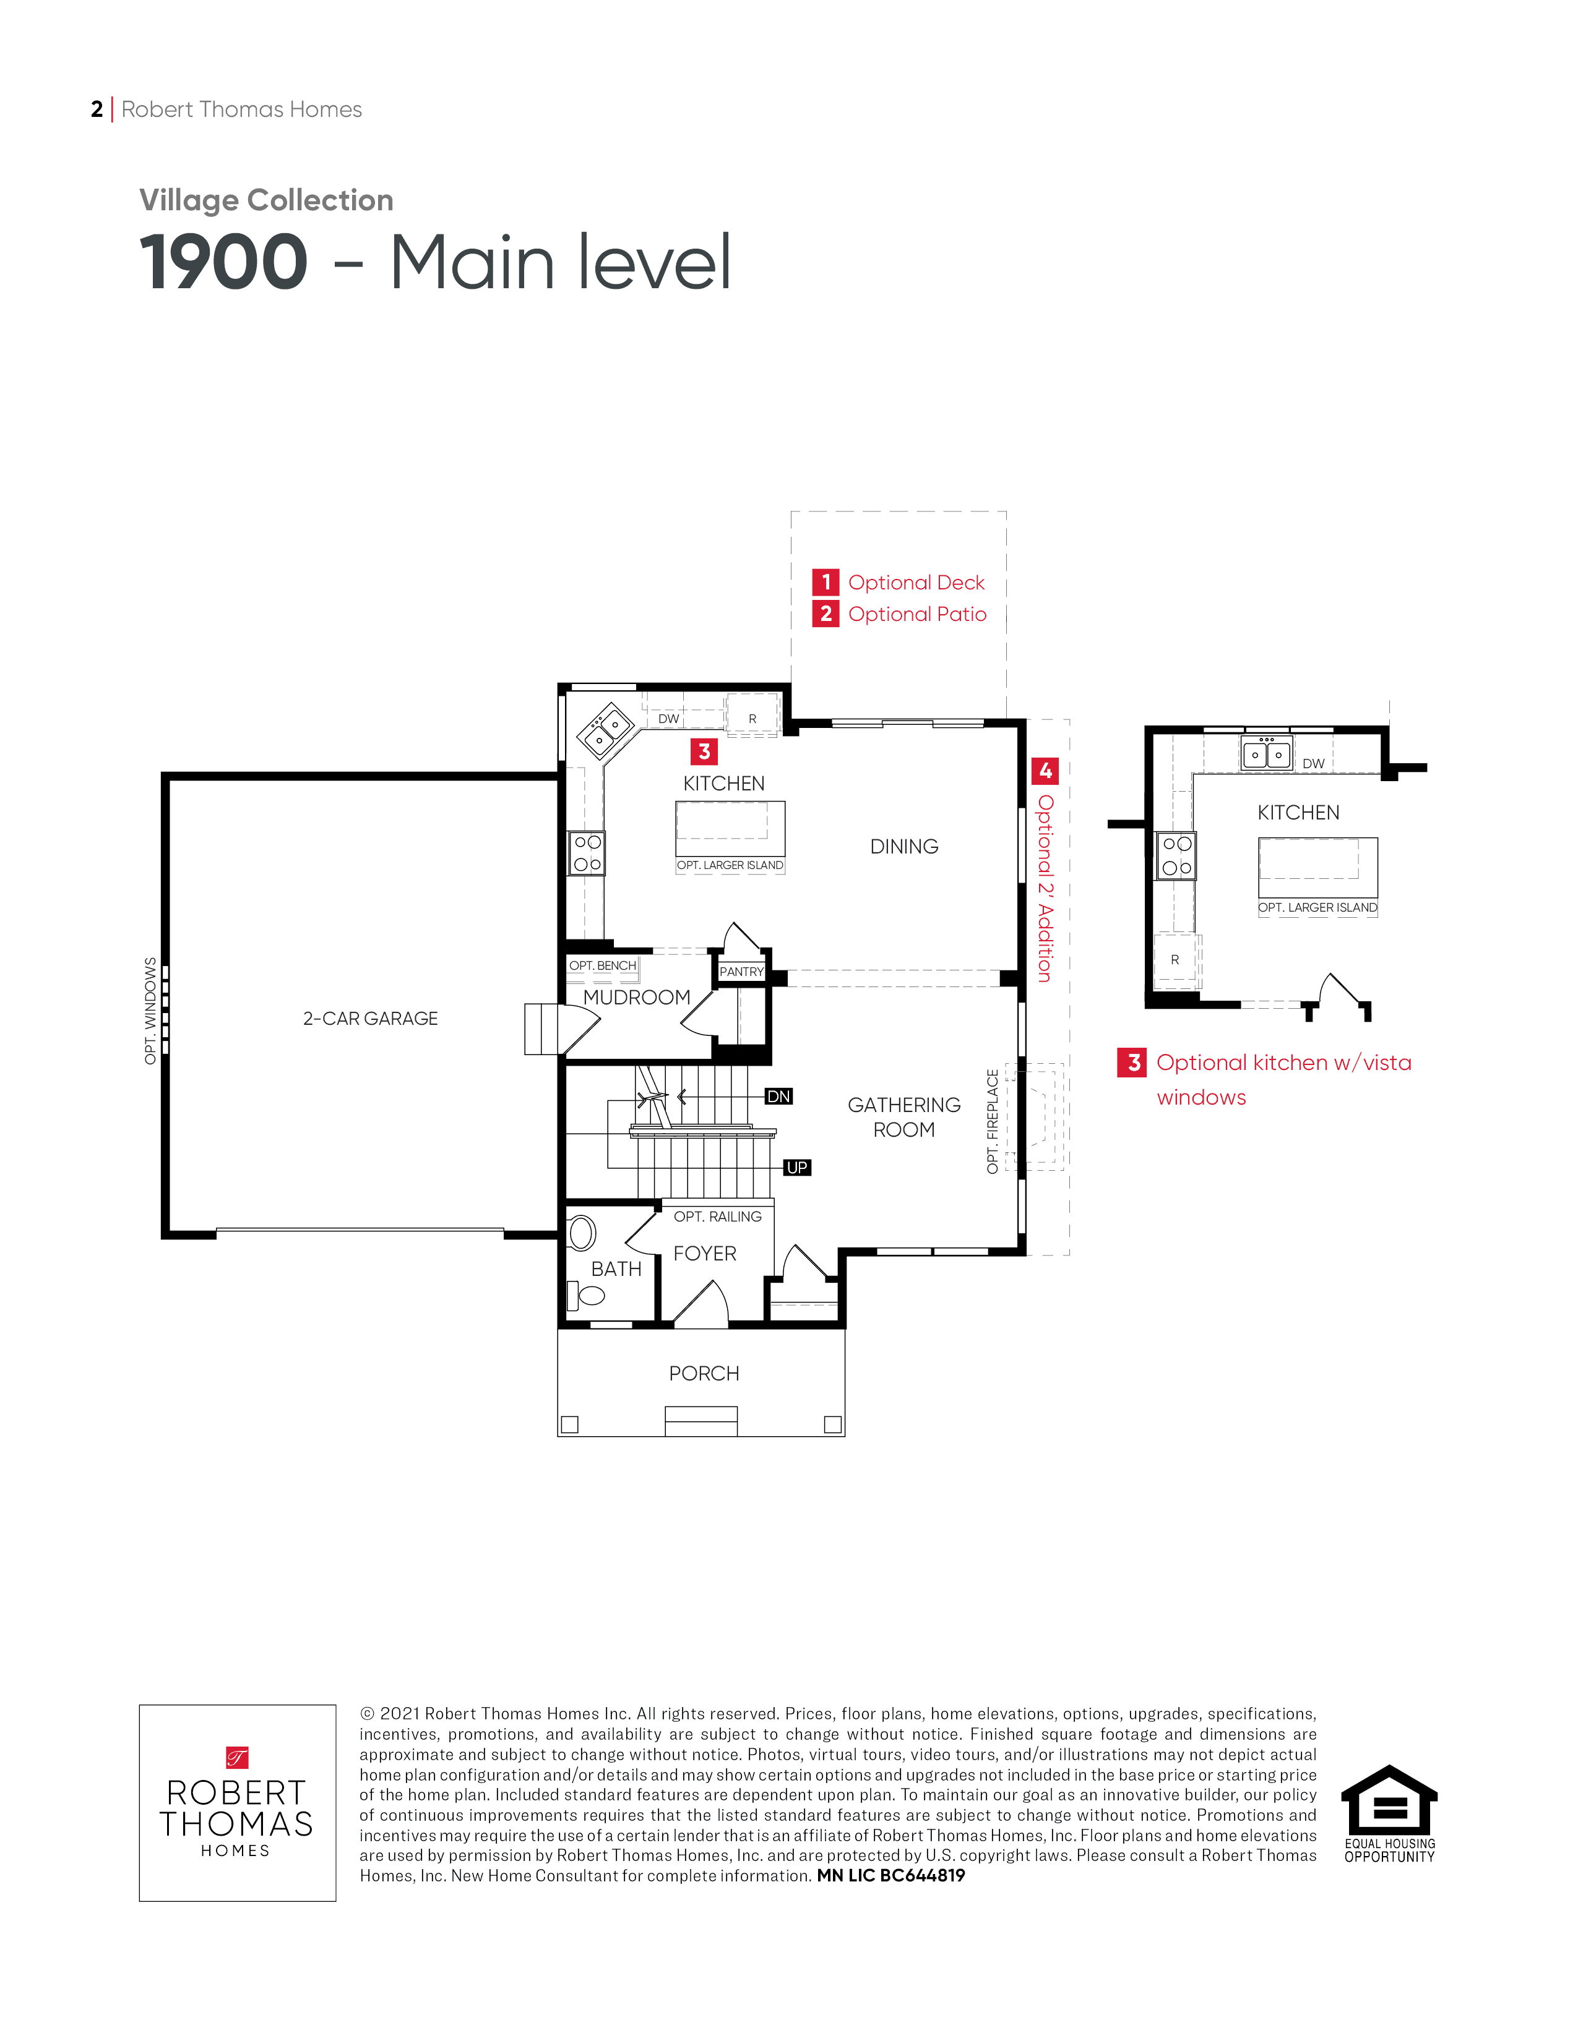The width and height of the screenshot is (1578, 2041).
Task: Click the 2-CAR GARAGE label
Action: pyautogui.click(x=370, y=1019)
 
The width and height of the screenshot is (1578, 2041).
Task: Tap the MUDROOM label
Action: pyautogui.click(x=637, y=997)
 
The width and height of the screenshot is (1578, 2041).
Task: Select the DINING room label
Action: pyautogui.click(x=904, y=847)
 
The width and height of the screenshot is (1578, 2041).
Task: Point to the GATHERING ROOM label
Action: pyautogui.click(x=904, y=1117)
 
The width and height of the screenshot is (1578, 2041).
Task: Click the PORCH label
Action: pyautogui.click(x=704, y=1374)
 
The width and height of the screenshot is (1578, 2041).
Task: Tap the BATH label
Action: pyautogui.click(x=616, y=1269)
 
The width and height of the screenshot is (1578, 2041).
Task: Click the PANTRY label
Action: pyautogui.click(x=741, y=972)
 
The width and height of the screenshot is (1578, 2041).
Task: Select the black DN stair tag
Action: pyautogui.click(x=778, y=1096)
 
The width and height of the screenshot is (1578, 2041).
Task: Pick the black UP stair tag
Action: pyautogui.click(x=796, y=1167)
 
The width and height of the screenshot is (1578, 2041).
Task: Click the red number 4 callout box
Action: pyautogui.click(x=1045, y=771)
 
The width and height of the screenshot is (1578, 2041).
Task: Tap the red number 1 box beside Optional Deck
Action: pyautogui.click(x=826, y=582)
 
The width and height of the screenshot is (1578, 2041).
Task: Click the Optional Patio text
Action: pyautogui.click(x=917, y=614)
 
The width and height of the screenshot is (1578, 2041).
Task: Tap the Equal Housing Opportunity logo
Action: pyautogui.click(x=1389, y=1814)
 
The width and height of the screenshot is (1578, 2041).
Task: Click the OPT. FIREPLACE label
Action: pyautogui.click(x=993, y=1121)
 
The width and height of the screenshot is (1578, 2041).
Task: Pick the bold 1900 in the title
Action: pyautogui.click(x=223, y=263)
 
